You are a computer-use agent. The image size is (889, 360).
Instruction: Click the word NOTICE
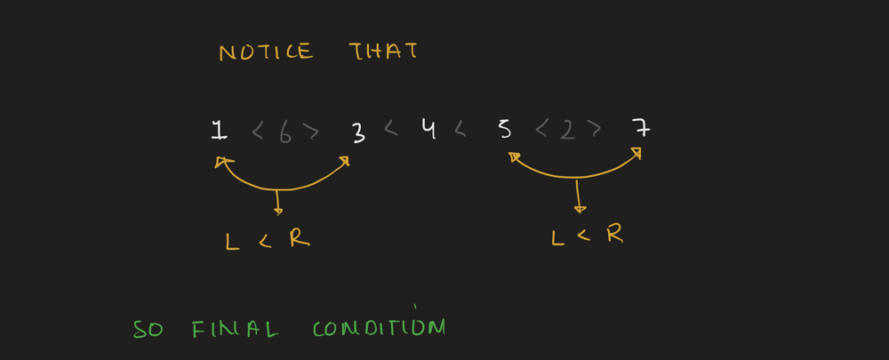[266, 52]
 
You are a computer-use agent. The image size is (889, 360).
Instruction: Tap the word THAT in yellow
[383, 51]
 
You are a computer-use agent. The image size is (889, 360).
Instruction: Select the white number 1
[220, 130]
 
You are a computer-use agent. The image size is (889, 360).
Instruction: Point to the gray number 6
[285, 133]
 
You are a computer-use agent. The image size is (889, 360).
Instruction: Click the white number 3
[358, 132]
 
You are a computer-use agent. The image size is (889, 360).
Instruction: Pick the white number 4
[429, 130]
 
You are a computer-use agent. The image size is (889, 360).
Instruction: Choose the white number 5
[504, 130]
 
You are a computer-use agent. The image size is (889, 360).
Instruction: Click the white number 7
[641, 128]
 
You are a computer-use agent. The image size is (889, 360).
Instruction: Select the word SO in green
[148, 330]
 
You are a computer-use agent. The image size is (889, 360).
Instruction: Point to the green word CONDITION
[380, 328]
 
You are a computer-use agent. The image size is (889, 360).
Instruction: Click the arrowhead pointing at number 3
[343, 161]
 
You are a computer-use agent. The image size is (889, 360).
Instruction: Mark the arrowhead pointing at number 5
[514, 156]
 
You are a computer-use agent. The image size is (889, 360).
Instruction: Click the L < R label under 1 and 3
[268, 240]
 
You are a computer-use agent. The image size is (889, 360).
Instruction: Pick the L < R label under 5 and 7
[588, 235]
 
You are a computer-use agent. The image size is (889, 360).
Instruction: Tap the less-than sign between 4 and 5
[460, 130]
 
